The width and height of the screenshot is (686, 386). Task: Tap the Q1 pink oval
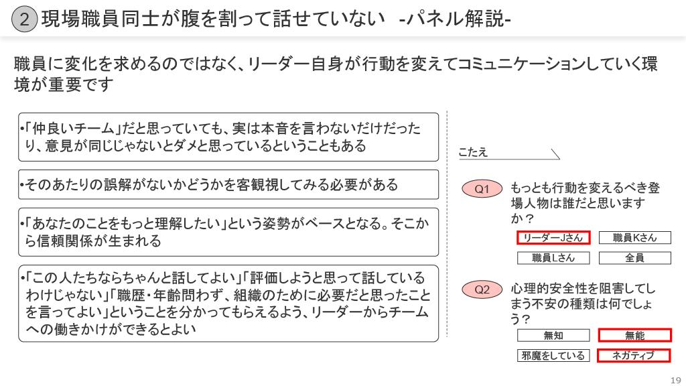click(x=482, y=190)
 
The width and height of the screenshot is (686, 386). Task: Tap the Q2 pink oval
click(x=482, y=289)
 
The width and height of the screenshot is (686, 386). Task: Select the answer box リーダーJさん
click(x=553, y=238)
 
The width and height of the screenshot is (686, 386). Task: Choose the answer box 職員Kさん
click(x=634, y=238)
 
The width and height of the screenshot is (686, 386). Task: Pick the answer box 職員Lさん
click(x=553, y=258)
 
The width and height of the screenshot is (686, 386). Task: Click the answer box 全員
click(x=634, y=258)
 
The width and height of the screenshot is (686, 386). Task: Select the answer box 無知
click(x=553, y=335)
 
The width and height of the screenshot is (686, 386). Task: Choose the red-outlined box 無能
click(x=634, y=335)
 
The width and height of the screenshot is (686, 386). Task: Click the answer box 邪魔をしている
click(x=553, y=356)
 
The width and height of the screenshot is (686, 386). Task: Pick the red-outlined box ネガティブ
click(x=634, y=356)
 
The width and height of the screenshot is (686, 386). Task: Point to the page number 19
click(x=676, y=377)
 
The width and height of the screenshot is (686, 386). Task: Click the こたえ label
click(x=473, y=153)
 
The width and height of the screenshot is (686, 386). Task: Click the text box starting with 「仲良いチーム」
click(x=228, y=137)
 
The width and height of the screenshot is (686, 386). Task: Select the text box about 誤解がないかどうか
click(x=228, y=184)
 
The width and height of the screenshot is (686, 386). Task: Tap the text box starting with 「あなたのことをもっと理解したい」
click(x=228, y=232)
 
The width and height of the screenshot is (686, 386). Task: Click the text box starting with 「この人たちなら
click(x=228, y=303)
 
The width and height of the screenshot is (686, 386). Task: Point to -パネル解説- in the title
click(x=455, y=19)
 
